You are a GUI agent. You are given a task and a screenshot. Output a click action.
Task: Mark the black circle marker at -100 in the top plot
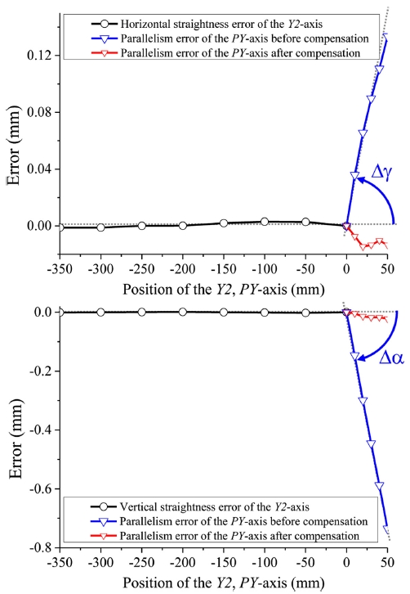click(x=265, y=222)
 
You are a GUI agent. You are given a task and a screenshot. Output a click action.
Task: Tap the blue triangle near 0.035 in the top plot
click(x=354, y=176)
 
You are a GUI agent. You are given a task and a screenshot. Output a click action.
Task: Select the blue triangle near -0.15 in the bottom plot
click(x=354, y=357)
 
